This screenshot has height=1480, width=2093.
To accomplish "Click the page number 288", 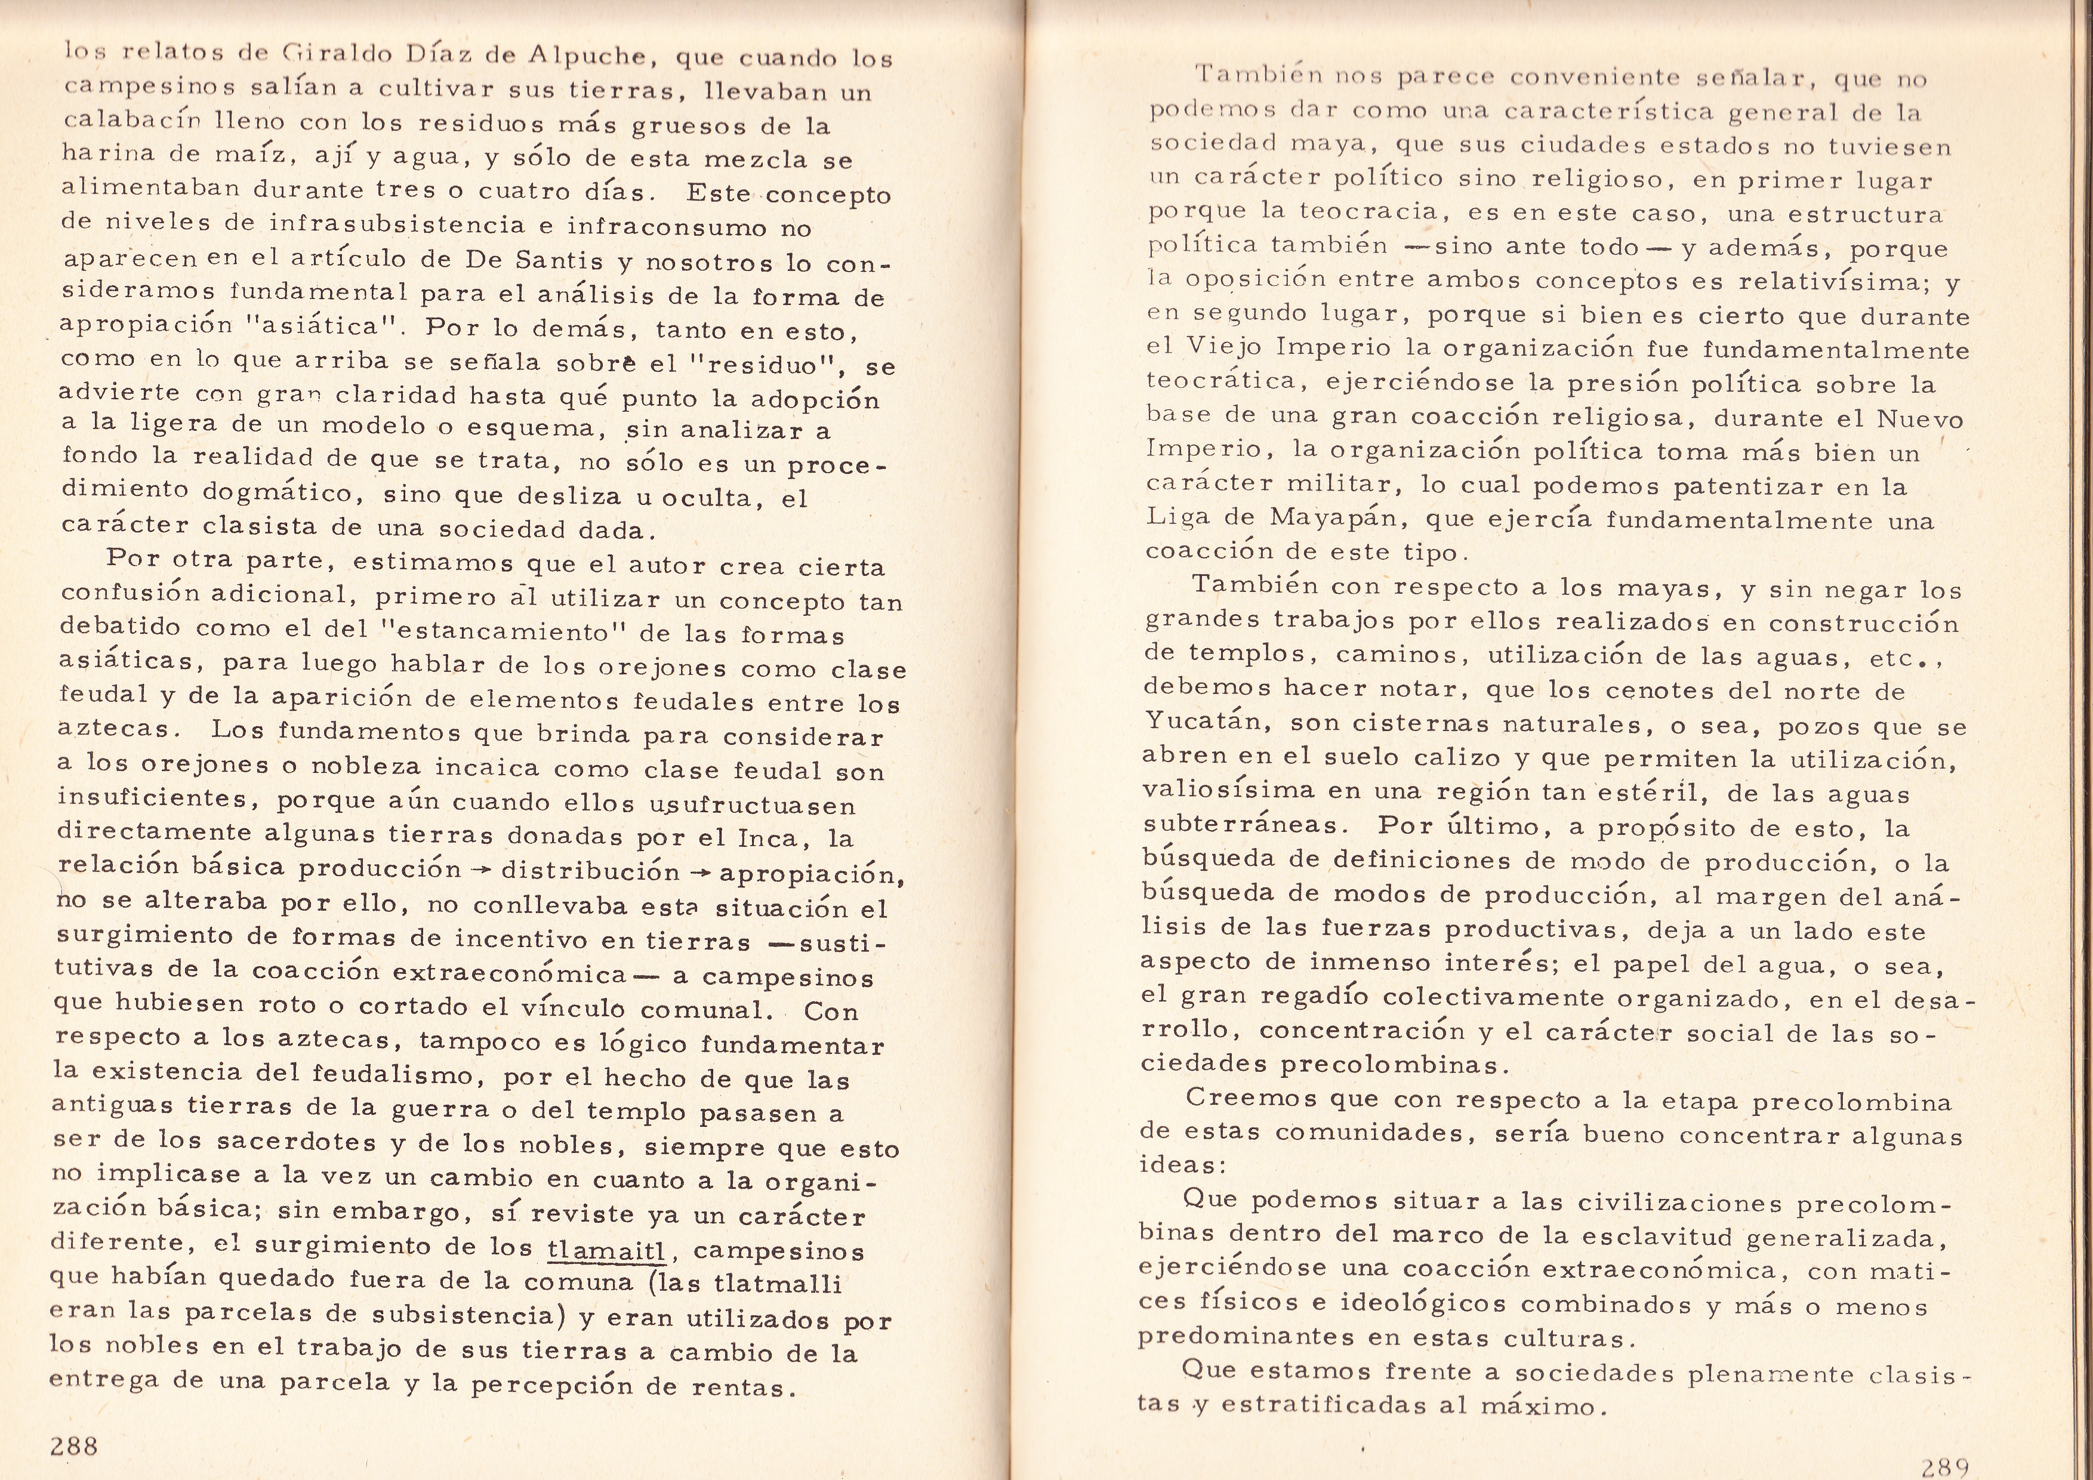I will tap(75, 1444).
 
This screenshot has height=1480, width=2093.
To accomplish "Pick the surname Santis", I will tap(559, 261).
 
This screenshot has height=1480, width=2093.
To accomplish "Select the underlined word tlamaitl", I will tap(606, 1248).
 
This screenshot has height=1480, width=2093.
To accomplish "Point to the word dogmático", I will tap(277, 493).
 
